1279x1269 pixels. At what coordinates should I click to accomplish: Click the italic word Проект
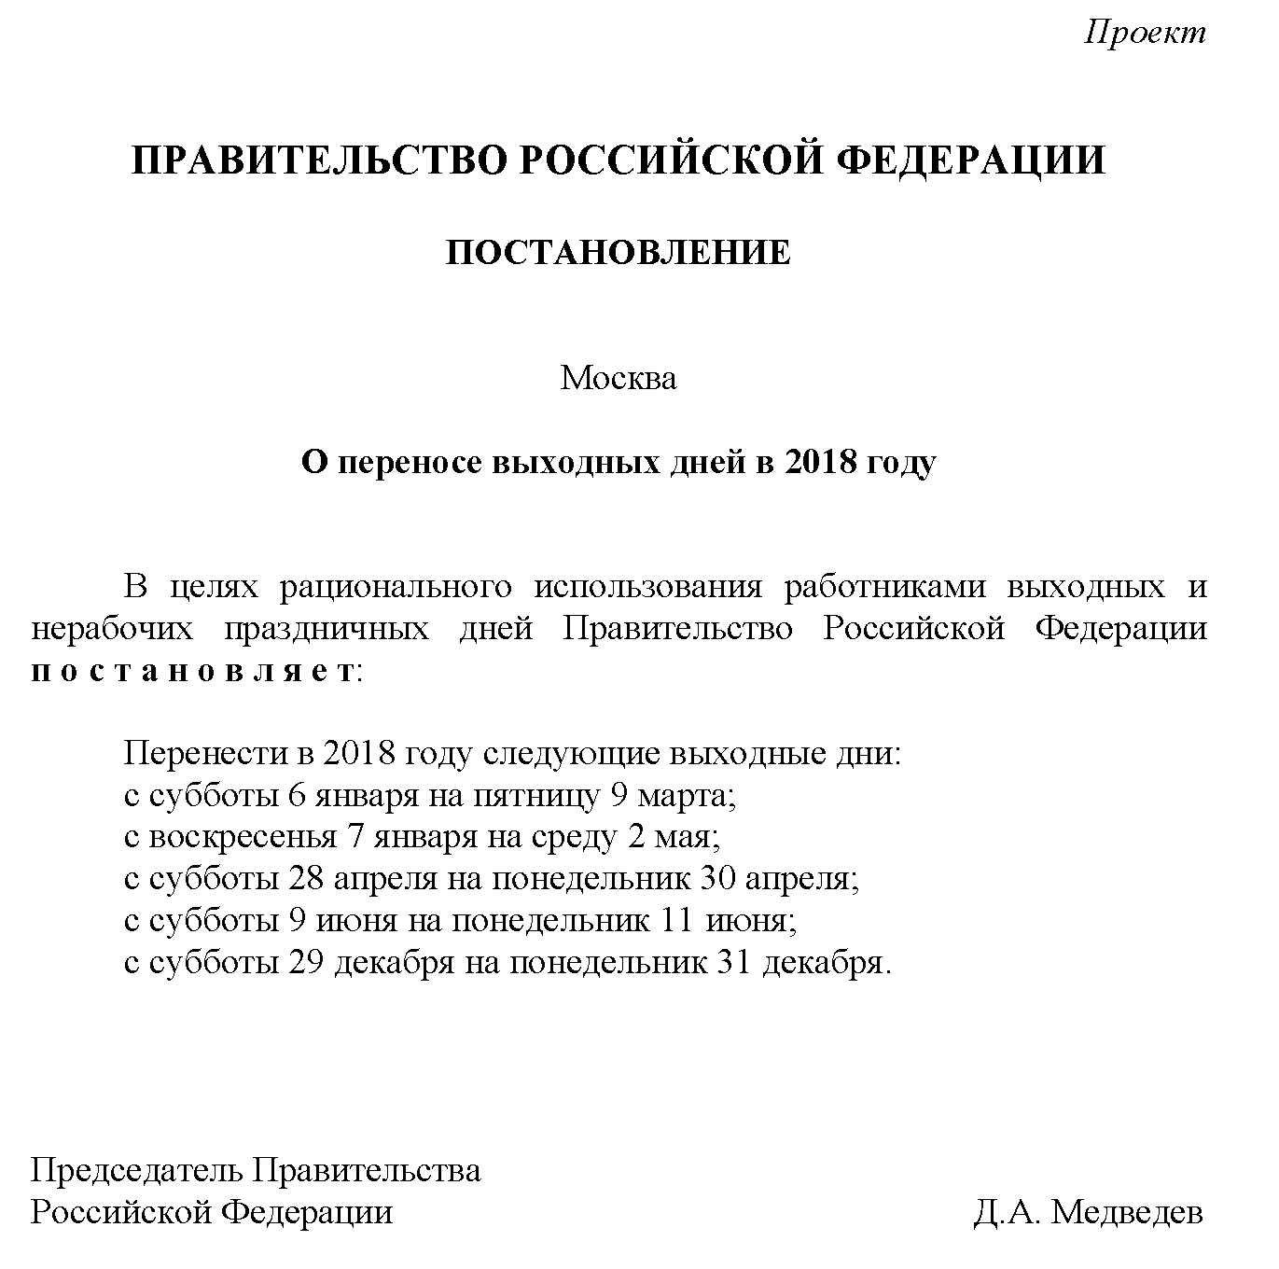(1145, 33)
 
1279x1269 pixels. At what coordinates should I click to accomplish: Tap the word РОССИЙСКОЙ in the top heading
(669, 160)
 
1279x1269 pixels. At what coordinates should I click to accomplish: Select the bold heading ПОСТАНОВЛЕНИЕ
(618, 253)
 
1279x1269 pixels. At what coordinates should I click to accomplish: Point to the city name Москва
(618, 378)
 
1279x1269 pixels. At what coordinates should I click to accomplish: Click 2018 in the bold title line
(820, 462)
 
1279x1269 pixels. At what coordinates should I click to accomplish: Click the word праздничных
(327, 628)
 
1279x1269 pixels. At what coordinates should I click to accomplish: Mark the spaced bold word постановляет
(193, 671)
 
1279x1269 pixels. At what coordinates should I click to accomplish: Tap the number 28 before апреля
(307, 879)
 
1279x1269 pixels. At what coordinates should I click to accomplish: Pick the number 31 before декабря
(734, 962)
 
